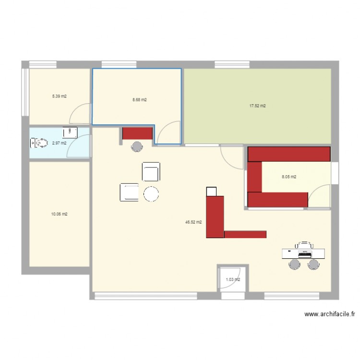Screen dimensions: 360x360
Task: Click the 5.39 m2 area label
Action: (59, 96)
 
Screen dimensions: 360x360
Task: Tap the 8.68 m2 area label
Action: (139, 100)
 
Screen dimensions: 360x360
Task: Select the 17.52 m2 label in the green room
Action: (257, 106)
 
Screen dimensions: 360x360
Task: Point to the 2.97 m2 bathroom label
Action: (59, 143)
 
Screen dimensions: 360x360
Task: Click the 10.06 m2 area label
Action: (59, 214)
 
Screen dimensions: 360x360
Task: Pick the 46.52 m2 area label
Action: (193, 222)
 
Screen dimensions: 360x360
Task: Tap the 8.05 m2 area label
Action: (288, 177)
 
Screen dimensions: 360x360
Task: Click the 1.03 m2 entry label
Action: (233, 280)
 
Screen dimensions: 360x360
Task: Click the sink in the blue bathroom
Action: (70, 132)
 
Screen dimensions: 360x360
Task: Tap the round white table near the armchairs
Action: (151, 193)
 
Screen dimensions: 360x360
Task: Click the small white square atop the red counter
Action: (211, 191)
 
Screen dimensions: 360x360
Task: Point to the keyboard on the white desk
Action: (305, 253)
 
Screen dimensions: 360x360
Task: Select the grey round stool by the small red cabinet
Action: (137, 146)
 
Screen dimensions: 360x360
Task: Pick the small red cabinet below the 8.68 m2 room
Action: (137, 133)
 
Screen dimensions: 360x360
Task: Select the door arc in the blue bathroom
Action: (78, 147)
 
